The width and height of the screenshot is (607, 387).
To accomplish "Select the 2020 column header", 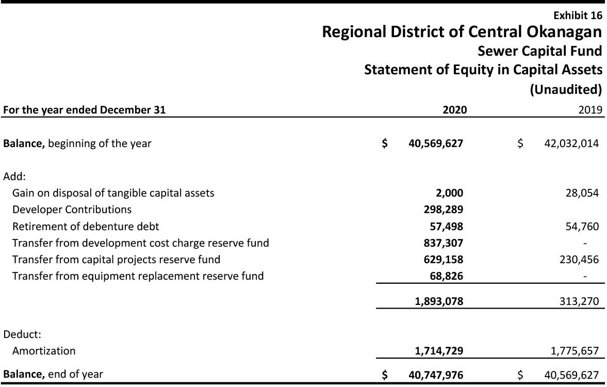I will click(455, 109).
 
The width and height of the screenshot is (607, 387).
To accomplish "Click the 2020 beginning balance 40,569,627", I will click(436, 143).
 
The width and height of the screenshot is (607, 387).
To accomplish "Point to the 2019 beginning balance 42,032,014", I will click(571, 143).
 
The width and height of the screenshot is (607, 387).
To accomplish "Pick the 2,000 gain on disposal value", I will click(449, 193).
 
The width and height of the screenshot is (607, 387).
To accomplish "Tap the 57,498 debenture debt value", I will click(446, 226).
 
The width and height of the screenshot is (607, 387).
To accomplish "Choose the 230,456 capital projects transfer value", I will click(579, 259).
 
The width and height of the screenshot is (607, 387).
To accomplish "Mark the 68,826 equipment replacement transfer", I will click(446, 276).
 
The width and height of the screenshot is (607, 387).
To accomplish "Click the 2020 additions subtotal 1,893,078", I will click(439, 301).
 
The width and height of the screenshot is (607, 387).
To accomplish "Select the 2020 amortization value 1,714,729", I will click(439, 351).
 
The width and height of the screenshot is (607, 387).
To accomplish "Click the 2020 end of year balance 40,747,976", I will click(436, 374).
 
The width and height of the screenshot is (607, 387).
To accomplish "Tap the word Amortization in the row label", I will click(44, 351).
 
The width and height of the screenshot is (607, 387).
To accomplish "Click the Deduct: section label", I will click(22, 334).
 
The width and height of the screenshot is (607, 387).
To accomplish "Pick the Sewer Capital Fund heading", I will click(539, 51).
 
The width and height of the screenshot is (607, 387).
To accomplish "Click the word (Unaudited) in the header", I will click(566, 89).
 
